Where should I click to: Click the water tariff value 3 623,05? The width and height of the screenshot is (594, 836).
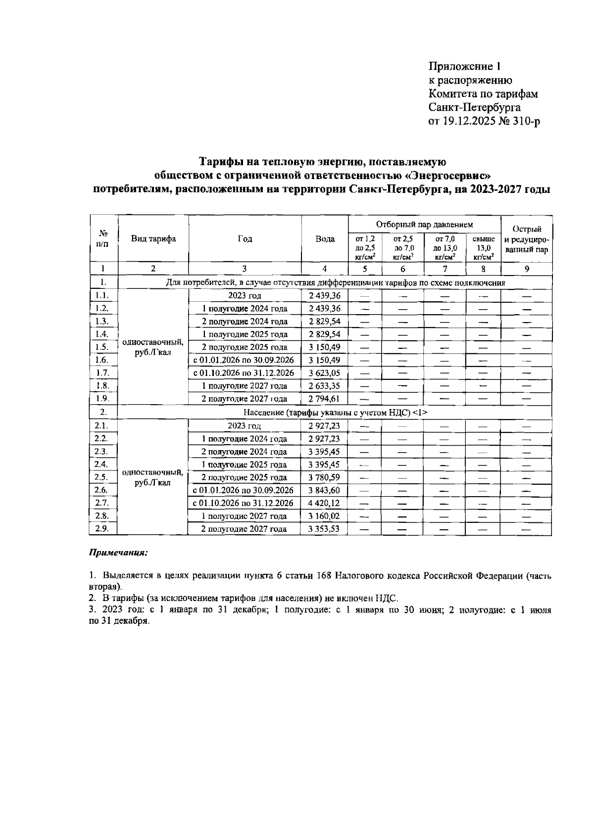pos(325,373)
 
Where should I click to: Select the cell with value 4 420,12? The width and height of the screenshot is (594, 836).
pos(325,503)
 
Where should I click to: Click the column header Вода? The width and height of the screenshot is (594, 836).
pos(325,239)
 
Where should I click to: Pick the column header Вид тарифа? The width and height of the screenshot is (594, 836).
pos(153,239)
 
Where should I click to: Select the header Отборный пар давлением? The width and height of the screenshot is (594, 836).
pos(425,225)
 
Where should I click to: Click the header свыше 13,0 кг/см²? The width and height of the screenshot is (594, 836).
pos(483,248)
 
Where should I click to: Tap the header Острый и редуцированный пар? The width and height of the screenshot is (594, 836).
pos(527,239)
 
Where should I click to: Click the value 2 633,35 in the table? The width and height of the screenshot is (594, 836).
pos(325,386)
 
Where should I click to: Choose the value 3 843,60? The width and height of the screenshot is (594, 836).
pos(325,490)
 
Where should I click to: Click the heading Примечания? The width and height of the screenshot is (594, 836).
pos(118,553)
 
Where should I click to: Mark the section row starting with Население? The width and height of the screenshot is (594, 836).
pos(335,412)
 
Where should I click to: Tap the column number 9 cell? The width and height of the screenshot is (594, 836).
pos(527,269)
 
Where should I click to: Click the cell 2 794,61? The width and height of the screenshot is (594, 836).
pos(325,399)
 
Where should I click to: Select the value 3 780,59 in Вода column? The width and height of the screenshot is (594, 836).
pos(325,477)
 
